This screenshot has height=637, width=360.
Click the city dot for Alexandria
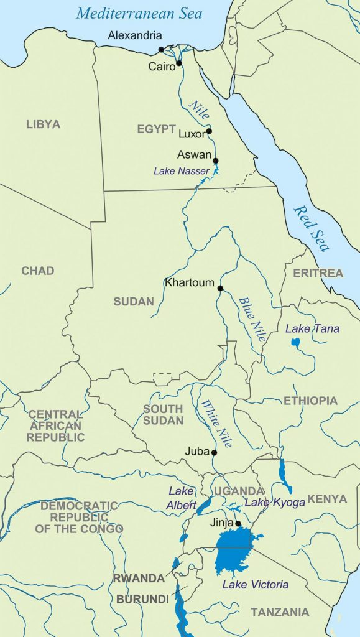[161, 49]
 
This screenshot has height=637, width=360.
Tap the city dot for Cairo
[179, 63]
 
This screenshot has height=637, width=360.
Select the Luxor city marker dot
[210, 131]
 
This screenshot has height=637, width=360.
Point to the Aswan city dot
[216, 160]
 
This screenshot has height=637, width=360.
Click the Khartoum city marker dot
[220, 287]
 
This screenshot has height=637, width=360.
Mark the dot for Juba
[215, 452]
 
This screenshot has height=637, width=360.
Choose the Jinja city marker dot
[238, 523]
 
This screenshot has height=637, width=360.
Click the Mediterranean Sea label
[140, 13]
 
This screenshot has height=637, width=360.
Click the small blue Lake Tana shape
[295, 342]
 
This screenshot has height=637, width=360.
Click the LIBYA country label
[43, 124]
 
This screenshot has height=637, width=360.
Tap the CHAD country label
[37, 271]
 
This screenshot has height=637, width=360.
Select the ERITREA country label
[318, 273]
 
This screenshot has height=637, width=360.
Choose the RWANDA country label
[139, 579]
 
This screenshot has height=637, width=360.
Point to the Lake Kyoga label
[274, 503]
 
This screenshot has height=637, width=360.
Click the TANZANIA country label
[280, 612]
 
